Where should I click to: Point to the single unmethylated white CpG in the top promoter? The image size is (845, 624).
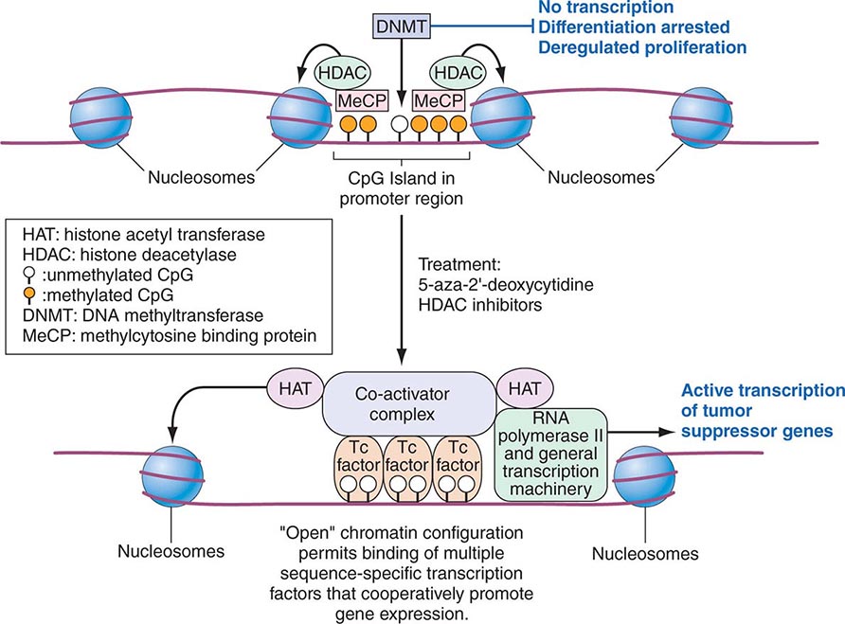click(400, 124)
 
